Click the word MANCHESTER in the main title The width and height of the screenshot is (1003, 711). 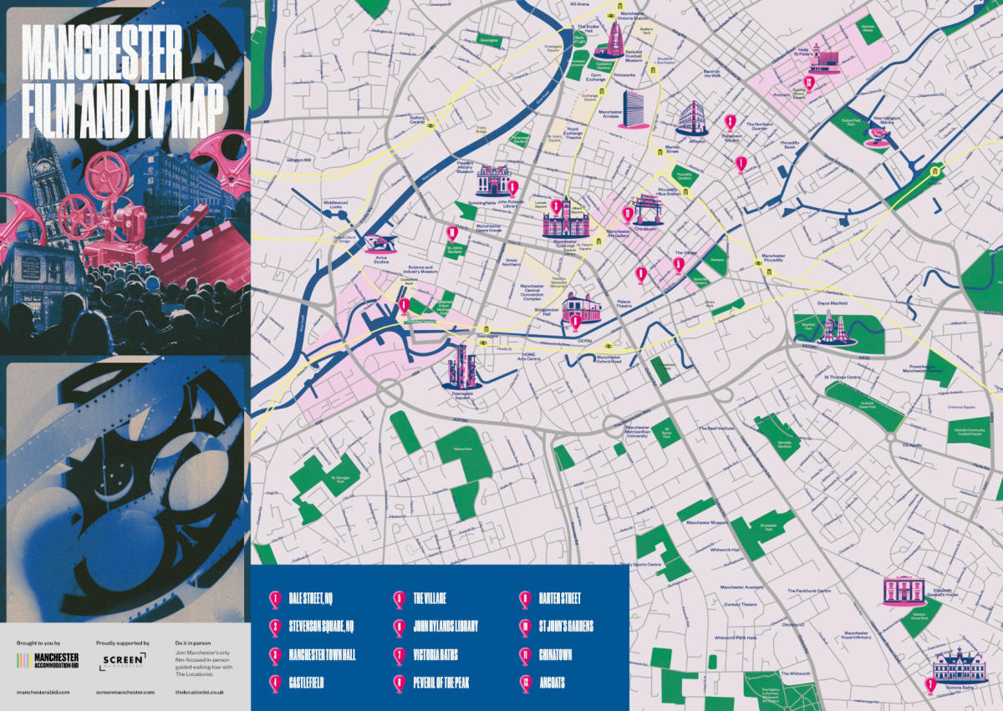coord(101,52)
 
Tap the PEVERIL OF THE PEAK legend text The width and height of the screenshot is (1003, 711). coord(441,683)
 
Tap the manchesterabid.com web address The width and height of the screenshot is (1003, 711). coord(43,693)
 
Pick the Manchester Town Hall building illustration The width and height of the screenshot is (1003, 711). coord(566,220)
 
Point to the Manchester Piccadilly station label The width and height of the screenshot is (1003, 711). coord(772,258)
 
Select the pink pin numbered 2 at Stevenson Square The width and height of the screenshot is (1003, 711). coord(731,122)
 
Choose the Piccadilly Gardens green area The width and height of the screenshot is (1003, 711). coord(685,175)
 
